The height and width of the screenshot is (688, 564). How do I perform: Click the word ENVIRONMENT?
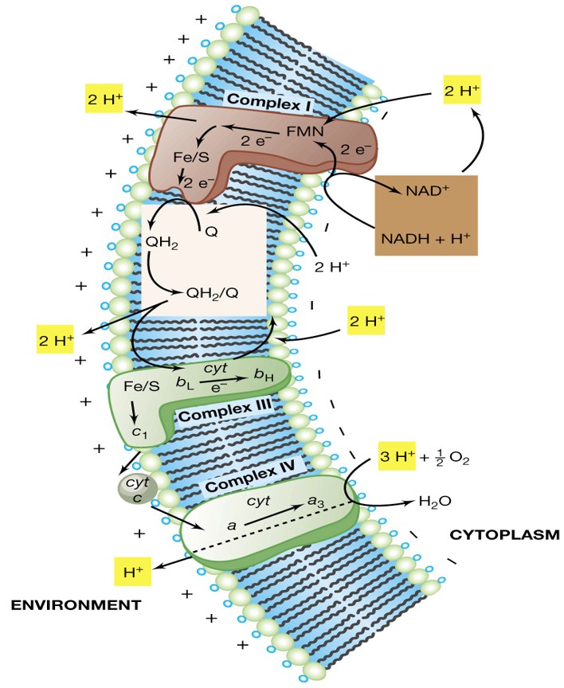(x=76, y=605)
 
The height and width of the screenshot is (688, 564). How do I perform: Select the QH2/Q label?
(x=211, y=292)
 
